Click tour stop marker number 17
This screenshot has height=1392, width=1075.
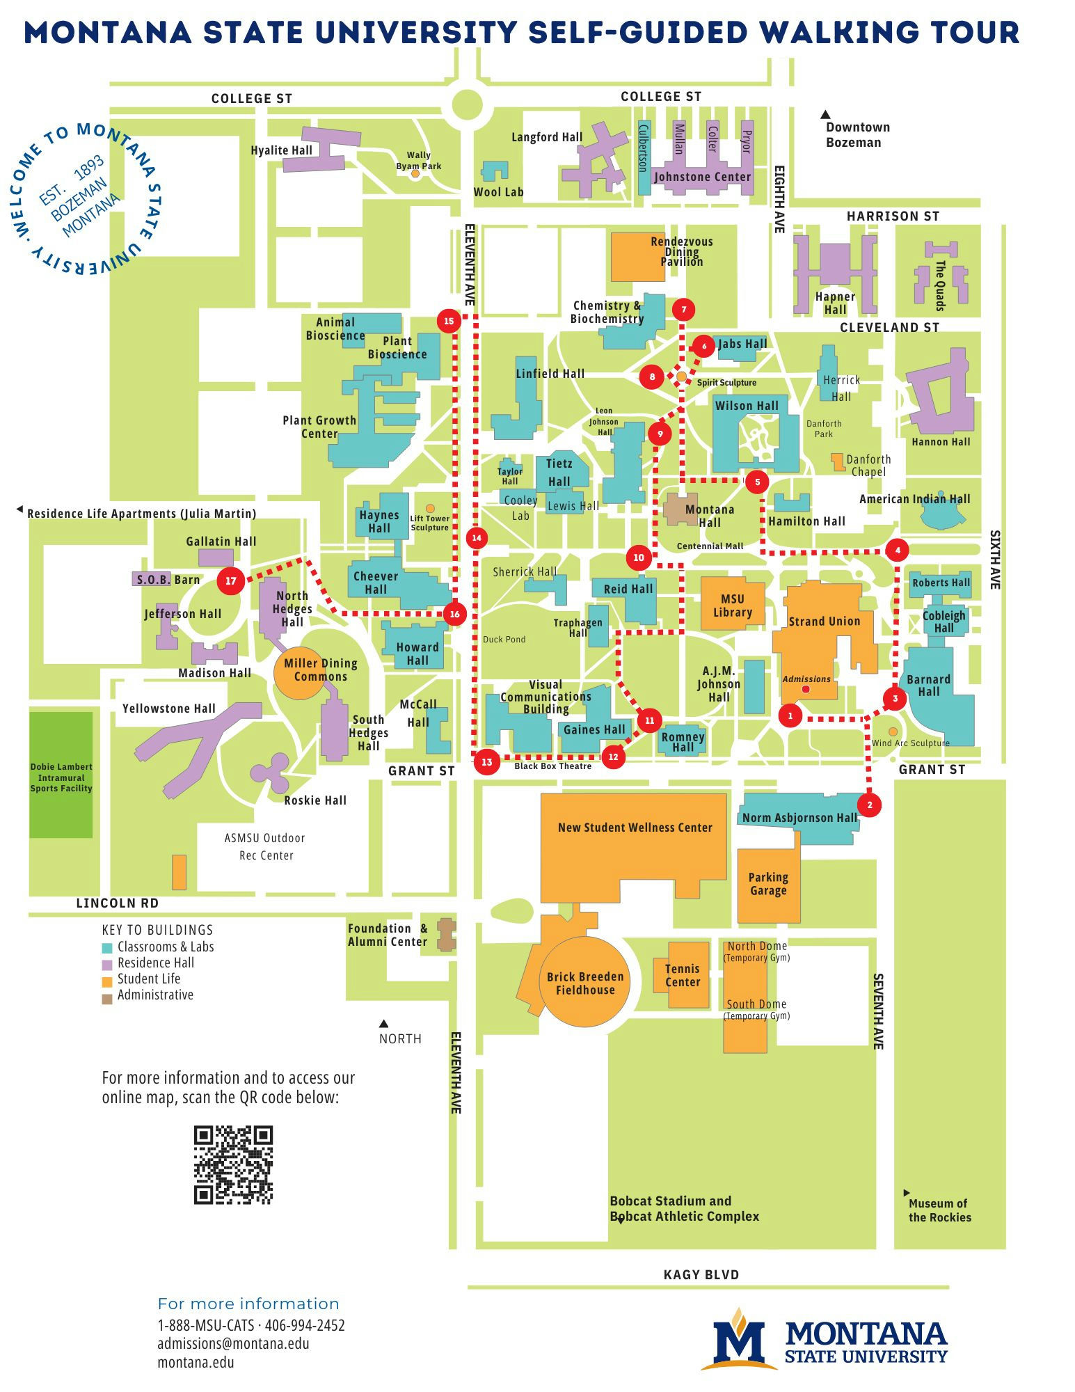pyautogui.click(x=230, y=580)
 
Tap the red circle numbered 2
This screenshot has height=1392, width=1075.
pyautogui.click(x=869, y=805)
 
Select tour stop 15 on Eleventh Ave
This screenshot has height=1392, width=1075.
pyautogui.click(x=449, y=321)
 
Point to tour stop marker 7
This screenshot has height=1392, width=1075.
pyautogui.click(x=684, y=310)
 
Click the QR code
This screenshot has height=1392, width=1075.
pyautogui.click(x=233, y=1165)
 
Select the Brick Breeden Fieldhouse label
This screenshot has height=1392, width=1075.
pyautogui.click(x=585, y=983)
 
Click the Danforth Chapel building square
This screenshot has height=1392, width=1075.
pyautogui.click(x=838, y=461)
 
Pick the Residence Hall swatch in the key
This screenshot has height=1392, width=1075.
pyautogui.click(x=107, y=965)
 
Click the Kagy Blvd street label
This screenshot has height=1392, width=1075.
pyautogui.click(x=701, y=1274)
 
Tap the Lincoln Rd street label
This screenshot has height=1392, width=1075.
pyautogui.click(x=117, y=903)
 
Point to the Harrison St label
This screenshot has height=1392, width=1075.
pyautogui.click(x=893, y=216)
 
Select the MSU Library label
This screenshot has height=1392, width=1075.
pyautogui.click(x=732, y=606)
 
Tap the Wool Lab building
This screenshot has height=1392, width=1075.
pyautogui.click(x=495, y=171)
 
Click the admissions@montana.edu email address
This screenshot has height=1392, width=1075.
pyautogui.click(x=233, y=1343)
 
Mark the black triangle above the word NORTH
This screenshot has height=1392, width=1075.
pyautogui.click(x=383, y=1023)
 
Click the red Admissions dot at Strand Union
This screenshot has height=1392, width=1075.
pyautogui.click(x=806, y=689)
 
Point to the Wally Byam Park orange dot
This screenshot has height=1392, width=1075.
pyautogui.click(x=415, y=173)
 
